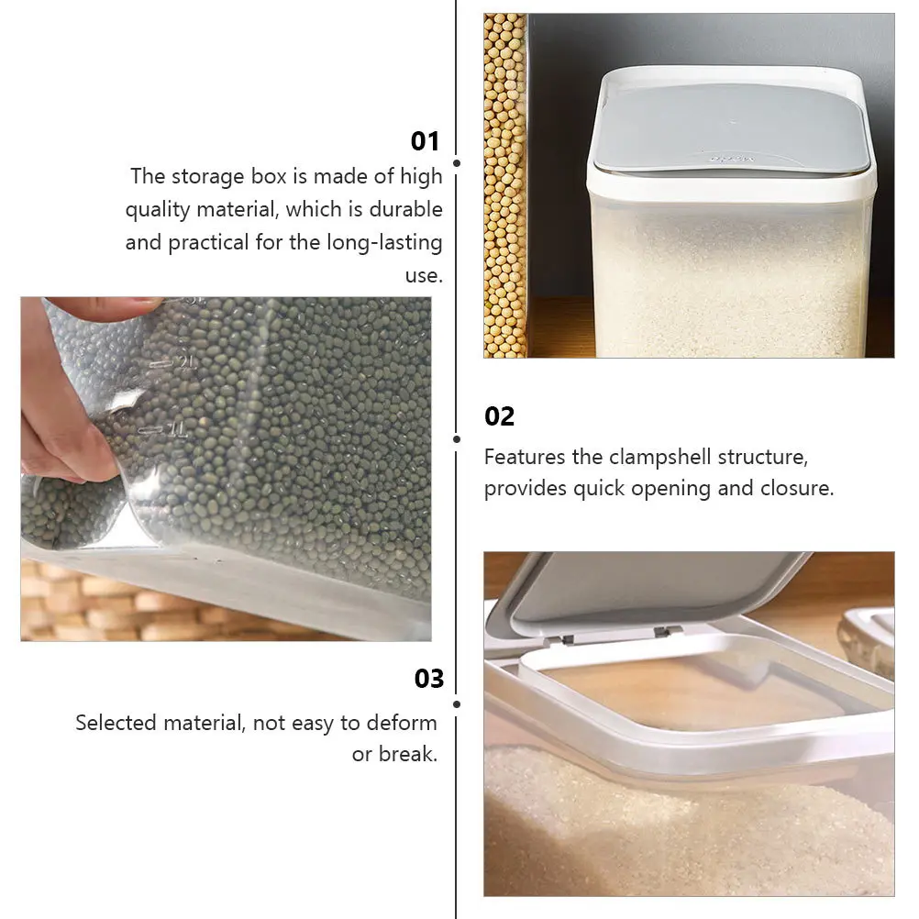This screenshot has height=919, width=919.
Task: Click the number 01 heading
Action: click(425, 141)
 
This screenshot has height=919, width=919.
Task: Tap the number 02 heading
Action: click(499, 416)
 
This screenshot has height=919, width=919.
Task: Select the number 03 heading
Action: click(429, 679)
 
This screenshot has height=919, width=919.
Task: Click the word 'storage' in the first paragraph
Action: click(208, 176)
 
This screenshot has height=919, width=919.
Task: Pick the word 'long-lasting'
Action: click(384, 243)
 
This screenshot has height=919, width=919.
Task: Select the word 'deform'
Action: click(402, 723)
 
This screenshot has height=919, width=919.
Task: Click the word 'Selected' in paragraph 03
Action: click(116, 723)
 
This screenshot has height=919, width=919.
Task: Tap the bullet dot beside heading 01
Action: click(457, 163)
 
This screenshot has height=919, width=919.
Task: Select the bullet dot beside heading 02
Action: click(457, 439)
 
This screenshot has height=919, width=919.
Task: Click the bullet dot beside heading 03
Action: click(457, 703)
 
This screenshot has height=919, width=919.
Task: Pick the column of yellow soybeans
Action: click(504, 185)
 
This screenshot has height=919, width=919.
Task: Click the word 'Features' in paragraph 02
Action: click(525, 457)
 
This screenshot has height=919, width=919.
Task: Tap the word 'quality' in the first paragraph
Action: click(158, 210)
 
